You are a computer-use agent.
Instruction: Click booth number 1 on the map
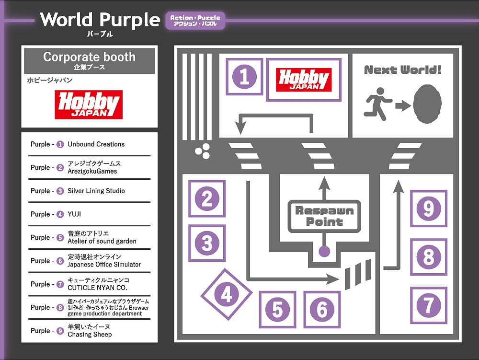[x=244, y=77]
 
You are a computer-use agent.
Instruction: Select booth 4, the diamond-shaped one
[x=226, y=294]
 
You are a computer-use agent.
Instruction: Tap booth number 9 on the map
[x=428, y=209]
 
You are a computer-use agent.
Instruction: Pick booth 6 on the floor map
[x=322, y=309]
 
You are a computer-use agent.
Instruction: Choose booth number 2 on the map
[x=207, y=198]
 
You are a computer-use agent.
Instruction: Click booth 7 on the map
[x=428, y=305]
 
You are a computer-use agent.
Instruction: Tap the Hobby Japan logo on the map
[x=304, y=80]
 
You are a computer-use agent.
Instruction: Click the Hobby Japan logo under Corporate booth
[x=89, y=105]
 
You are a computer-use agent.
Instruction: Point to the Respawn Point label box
[x=324, y=216]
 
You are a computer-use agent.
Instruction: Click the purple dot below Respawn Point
[x=325, y=250]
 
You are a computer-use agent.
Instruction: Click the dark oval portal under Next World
[x=427, y=104]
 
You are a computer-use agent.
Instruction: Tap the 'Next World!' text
[x=402, y=70]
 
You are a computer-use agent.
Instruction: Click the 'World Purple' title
[x=100, y=20]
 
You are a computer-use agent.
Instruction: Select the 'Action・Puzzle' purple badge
[x=195, y=20]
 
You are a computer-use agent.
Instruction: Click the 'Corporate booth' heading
[x=89, y=57]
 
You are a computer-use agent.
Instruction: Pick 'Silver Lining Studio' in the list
[x=96, y=191]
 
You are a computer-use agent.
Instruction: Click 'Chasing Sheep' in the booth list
[x=90, y=335]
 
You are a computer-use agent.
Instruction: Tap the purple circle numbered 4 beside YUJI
[x=60, y=214]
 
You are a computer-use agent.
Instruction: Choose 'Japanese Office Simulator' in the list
[x=104, y=265]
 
